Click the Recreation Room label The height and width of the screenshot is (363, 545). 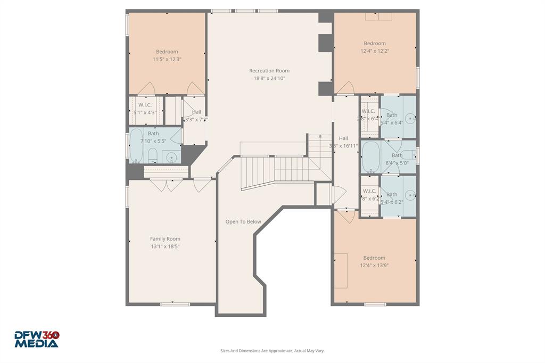(269, 71)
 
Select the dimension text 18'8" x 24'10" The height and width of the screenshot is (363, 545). (269, 79)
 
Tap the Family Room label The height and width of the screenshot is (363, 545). (165, 239)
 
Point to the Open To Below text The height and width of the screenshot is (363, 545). (243, 222)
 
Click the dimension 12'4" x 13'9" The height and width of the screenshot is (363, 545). (374, 266)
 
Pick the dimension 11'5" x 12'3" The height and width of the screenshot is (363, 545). (167, 60)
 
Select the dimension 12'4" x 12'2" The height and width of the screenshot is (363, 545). (374, 51)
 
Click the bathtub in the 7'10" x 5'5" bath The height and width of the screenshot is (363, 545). (136, 145)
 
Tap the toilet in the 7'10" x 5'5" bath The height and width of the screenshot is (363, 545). (152, 155)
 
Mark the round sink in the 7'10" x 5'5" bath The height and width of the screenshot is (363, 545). (171, 157)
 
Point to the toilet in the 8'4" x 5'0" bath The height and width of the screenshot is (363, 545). (408, 155)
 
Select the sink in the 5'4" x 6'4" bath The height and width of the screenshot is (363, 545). (409, 118)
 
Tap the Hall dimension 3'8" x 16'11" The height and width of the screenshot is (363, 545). (343, 146)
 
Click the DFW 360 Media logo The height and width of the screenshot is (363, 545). (36, 339)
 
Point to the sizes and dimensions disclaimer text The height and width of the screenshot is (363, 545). (272, 351)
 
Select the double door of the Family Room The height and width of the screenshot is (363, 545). (166, 185)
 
